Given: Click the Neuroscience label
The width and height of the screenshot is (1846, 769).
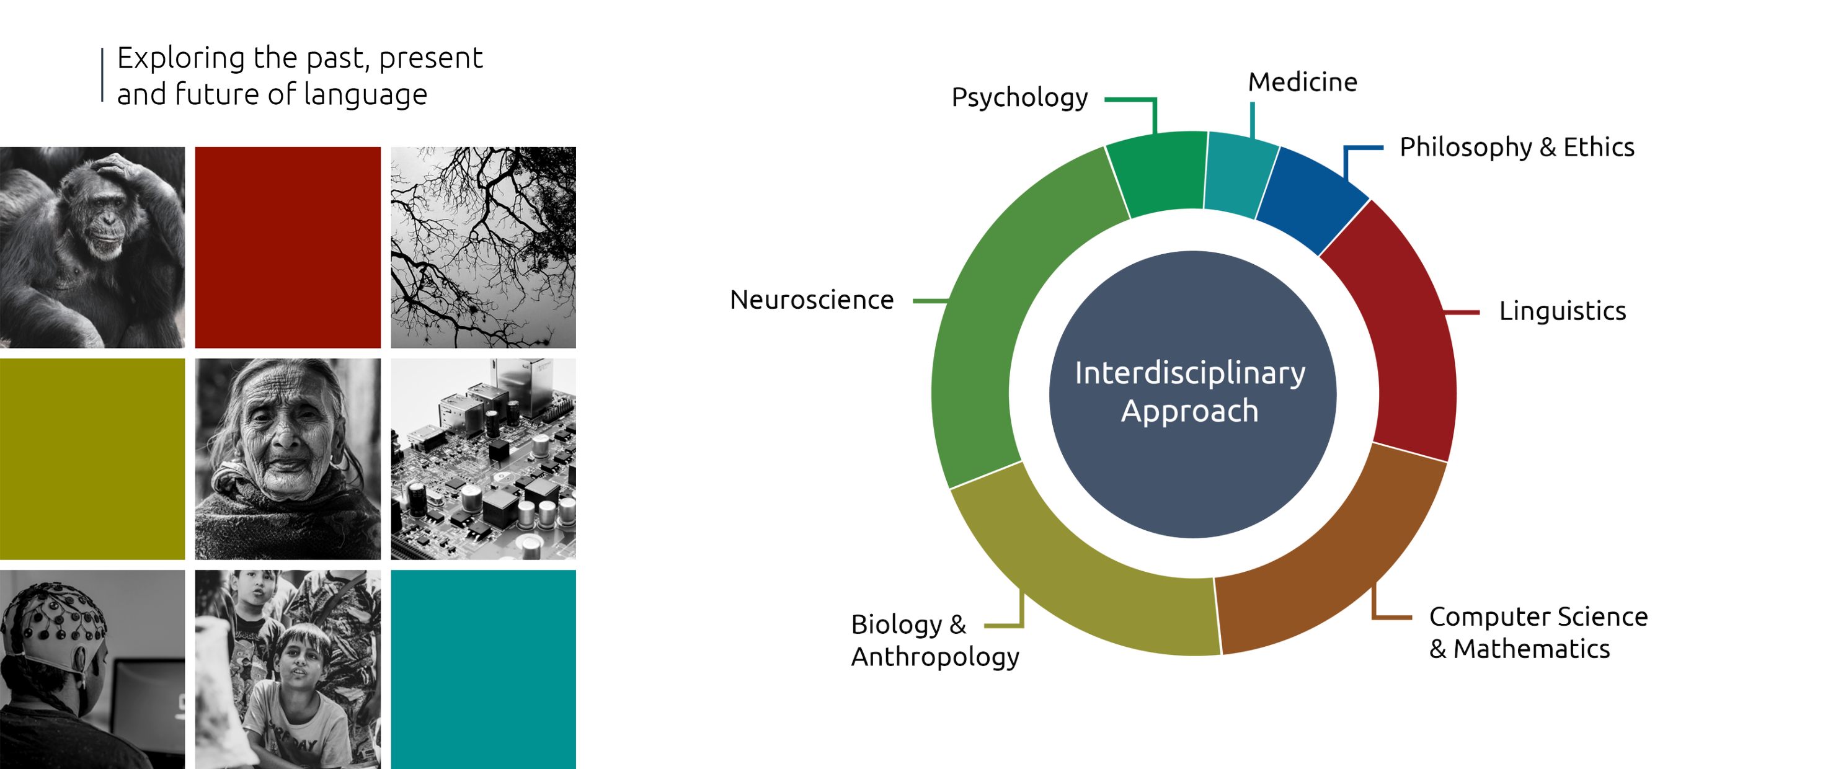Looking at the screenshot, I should (x=811, y=300).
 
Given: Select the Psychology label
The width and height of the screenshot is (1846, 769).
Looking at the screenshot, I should (x=1019, y=97).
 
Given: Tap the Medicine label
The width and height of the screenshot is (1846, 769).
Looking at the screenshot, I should (x=1302, y=82).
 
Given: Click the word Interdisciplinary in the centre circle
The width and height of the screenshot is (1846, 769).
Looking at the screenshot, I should (x=1189, y=373).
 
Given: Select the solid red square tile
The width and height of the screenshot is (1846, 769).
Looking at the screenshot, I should (x=287, y=247).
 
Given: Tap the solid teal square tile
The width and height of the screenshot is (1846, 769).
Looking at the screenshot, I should (x=483, y=669).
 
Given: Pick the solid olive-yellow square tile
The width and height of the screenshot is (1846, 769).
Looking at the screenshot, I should (x=92, y=459).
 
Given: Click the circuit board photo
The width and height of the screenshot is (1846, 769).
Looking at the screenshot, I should (x=483, y=459).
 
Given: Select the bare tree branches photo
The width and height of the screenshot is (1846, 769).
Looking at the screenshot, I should (x=483, y=247).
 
